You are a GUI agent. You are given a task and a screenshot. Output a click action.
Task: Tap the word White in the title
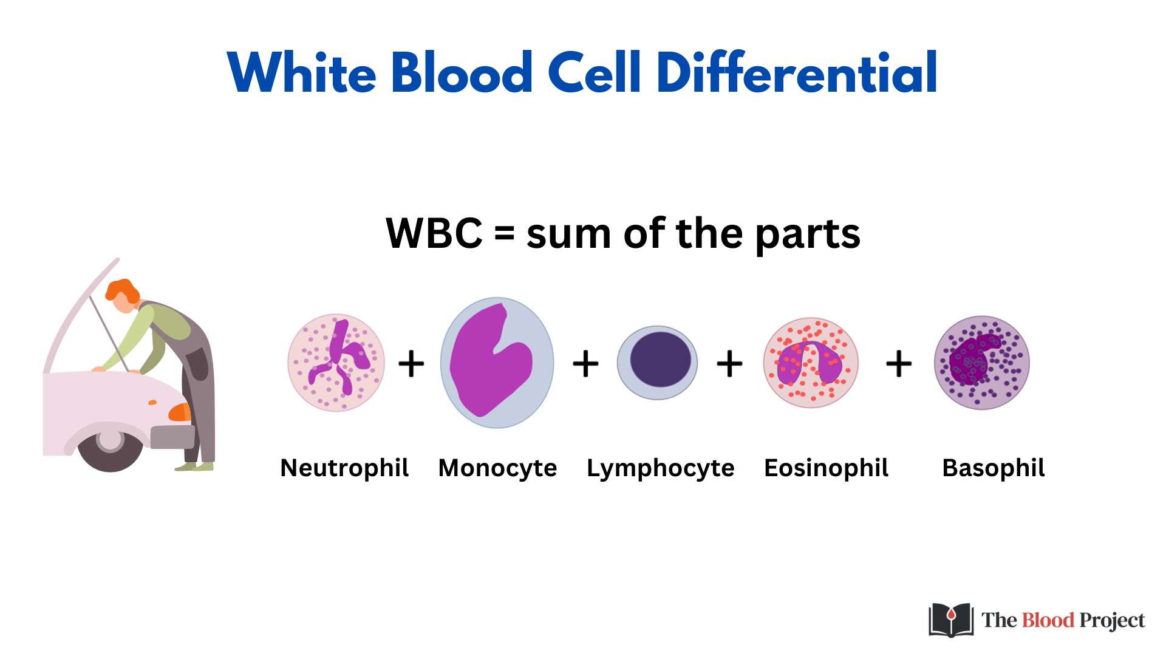(302, 73)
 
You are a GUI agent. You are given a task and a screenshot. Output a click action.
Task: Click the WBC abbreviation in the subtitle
(434, 233)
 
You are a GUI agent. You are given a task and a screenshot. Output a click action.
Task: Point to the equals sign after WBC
(504, 233)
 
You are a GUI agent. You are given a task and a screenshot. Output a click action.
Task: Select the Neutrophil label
(344, 468)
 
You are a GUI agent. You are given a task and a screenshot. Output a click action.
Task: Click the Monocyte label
(497, 468)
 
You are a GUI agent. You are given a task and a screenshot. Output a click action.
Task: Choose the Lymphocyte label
(660, 468)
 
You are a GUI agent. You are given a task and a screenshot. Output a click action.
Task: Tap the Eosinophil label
(826, 468)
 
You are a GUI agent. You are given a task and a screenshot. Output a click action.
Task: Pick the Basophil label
(994, 468)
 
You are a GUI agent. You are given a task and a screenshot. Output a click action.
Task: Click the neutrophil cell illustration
(336, 363)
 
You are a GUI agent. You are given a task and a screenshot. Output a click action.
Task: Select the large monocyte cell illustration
(497, 363)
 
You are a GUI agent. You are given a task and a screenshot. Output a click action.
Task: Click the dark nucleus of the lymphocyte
(660, 360)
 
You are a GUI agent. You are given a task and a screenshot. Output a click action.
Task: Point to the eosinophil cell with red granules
(811, 363)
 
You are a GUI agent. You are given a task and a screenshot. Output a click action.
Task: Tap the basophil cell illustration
(981, 363)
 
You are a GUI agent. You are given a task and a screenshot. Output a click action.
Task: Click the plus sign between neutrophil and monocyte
(411, 364)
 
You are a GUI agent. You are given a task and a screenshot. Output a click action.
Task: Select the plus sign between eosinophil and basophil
(899, 364)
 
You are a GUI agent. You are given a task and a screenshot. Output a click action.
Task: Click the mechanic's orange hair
(122, 290)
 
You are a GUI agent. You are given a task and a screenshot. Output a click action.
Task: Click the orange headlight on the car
(180, 412)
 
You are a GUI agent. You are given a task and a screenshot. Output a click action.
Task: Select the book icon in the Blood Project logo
(951, 620)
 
